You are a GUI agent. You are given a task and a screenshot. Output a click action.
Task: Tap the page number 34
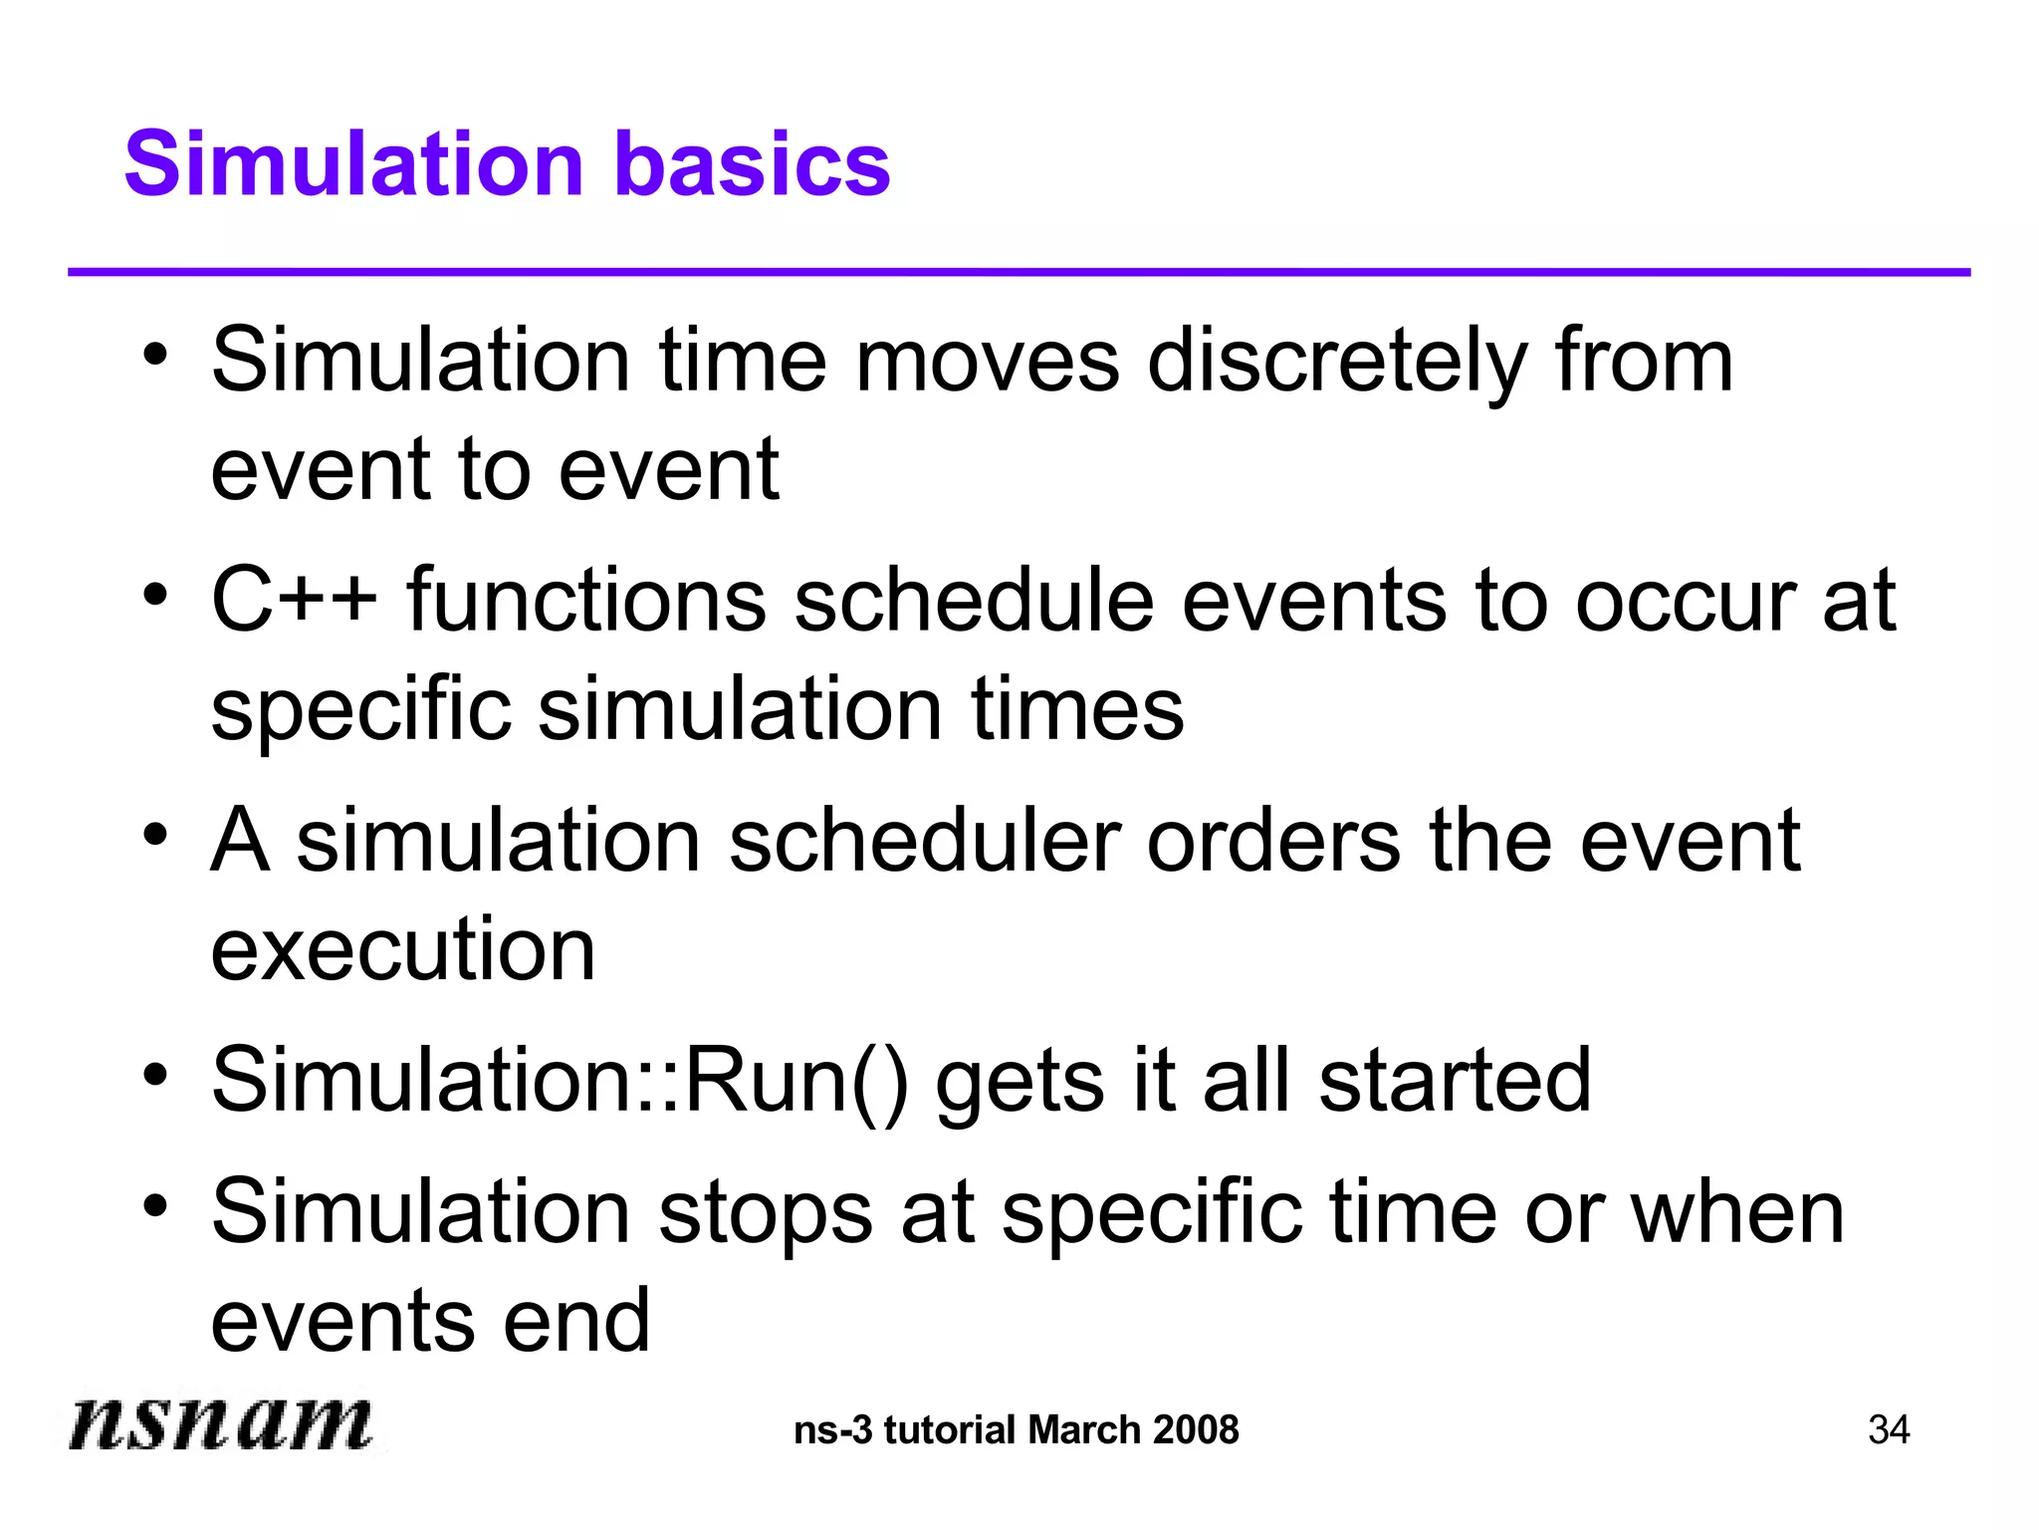pos(1889,1430)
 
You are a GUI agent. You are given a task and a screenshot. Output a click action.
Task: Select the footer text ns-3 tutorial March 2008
pos(1017,1430)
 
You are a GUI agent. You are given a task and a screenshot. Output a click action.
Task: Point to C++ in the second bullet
pos(295,600)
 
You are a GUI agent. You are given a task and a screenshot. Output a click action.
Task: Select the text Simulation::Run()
pos(560,1081)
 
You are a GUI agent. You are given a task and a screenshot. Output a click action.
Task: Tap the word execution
pos(403,949)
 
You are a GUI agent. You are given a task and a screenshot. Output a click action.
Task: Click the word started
pos(1455,1081)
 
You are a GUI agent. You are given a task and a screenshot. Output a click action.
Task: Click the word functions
pos(586,600)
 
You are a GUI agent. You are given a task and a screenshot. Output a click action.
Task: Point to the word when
pos(1736,1213)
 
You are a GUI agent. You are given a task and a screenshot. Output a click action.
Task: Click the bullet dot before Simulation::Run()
pos(154,1076)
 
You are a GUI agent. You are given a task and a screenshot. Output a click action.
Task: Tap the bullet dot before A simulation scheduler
pos(154,835)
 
